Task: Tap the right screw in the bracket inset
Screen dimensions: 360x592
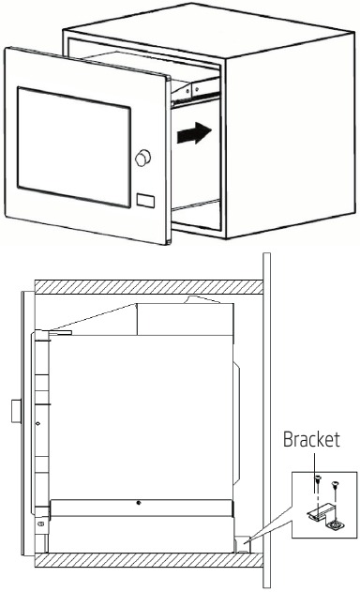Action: (335, 487)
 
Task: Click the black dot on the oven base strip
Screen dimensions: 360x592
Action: (139, 504)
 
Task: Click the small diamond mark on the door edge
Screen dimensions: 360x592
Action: (37, 423)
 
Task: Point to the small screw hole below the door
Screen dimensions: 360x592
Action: (42, 522)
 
